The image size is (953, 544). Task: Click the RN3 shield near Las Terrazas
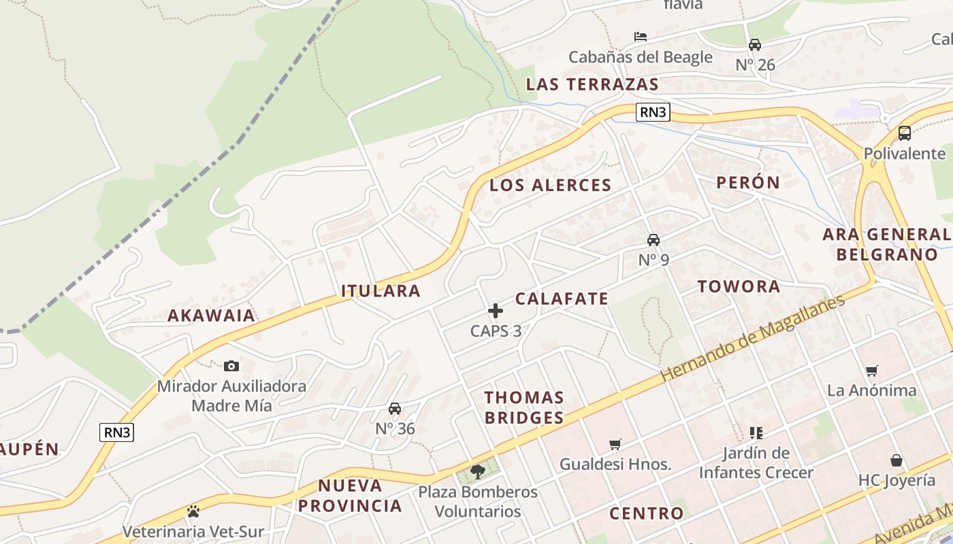[x=653, y=112]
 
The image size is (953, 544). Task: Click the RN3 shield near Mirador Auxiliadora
[x=116, y=432]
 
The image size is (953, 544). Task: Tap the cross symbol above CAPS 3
[x=496, y=311]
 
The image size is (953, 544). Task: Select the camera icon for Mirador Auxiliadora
[x=231, y=366]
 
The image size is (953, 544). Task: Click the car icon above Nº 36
[x=394, y=409]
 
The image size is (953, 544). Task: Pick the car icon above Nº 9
[x=653, y=239]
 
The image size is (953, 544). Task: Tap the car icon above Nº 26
[x=755, y=45]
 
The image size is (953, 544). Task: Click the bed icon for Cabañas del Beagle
[x=640, y=37]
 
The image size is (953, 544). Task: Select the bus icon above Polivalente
[x=905, y=133]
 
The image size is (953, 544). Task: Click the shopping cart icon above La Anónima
[x=872, y=371]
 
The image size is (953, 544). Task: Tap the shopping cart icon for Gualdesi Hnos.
[x=615, y=444]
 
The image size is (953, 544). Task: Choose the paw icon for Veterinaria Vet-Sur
[x=193, y=511]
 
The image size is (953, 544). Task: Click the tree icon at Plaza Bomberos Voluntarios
[x=478, y=471]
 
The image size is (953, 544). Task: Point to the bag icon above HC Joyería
[x=897, y=460]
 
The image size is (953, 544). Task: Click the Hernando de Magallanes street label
[x=752, y=337]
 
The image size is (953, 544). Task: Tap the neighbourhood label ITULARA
[x=381, y=291]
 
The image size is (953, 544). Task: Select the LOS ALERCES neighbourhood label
[x=550, y=185]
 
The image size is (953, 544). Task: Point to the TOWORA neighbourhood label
[x=739, y=286]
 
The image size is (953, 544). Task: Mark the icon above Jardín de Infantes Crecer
[x=756, y=432]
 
